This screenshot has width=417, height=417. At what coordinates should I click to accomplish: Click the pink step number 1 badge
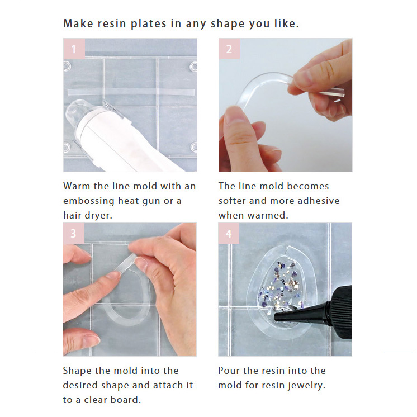click(x=74, y=49)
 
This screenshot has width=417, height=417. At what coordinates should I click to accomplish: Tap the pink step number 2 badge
click(x=229, y=49)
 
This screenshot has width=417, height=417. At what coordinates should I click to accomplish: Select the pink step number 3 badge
click(x=74, y=233)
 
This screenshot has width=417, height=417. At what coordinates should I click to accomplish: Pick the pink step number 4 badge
click(x=229, y=233)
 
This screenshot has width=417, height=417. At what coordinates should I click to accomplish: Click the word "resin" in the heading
click(x=112, y=23)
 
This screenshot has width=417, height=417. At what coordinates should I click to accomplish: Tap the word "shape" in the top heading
click(x=228, y=24)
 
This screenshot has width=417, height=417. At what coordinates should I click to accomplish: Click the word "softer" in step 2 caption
click(x=232, y=201)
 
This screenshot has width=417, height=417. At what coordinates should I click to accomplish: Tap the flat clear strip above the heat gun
click(x=131, y=92)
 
